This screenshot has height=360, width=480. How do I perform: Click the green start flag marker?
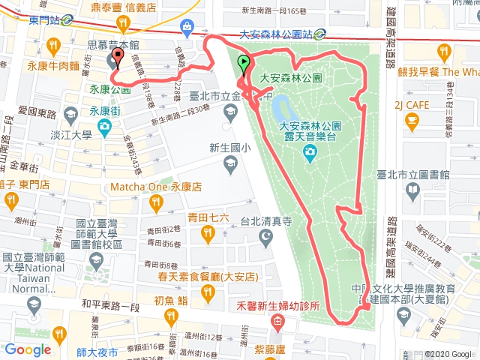243,64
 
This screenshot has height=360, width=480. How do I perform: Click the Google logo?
28,349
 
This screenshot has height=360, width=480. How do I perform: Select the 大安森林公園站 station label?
274,33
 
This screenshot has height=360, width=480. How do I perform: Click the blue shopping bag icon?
187,28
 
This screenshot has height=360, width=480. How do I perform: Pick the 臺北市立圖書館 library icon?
412,192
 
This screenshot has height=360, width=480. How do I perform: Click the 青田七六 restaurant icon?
206,237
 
